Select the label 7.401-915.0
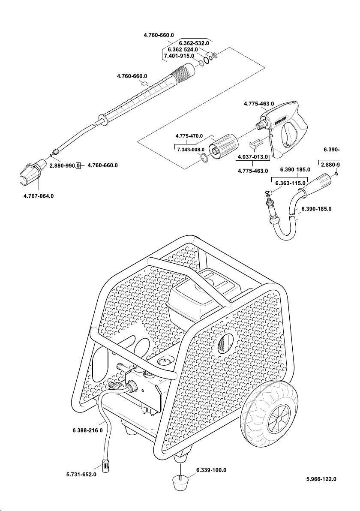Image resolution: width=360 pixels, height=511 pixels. click(x=179, y=56)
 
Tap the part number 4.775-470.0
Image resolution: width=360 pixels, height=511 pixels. click(x=189, y=136)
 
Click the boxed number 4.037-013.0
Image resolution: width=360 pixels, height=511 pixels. click(x=253, y=157)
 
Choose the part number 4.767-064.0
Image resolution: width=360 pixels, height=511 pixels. click(x=39, y=196)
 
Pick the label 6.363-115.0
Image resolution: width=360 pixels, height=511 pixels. click(x=290, y=183)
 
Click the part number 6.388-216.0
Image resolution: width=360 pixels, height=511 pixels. click(x=87, y=430)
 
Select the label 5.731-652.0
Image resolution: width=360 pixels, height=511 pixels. click(x=81, y=475)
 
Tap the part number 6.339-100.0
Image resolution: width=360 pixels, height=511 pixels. click(x=211, y=470)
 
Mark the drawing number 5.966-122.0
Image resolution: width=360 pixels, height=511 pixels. click(x=321, y=479)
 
